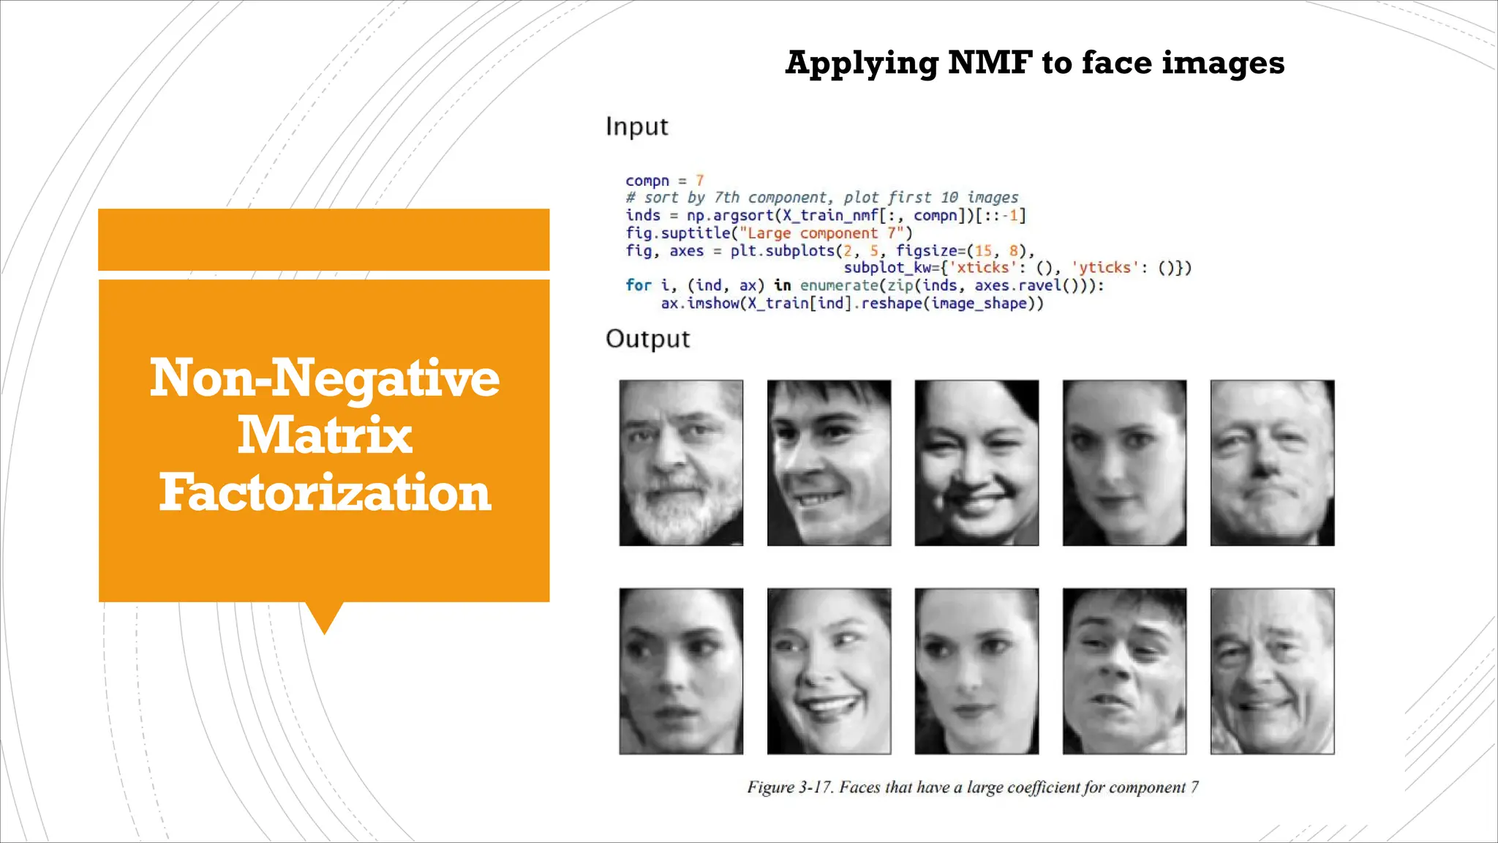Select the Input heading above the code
click(x=636, y=127)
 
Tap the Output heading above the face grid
click(x=647, y=339)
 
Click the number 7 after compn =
click(x=699, y=180)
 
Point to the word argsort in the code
click(x=743, y=215)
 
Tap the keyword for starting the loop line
click(x=638, y=285)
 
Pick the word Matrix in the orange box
click(x=325, y=435)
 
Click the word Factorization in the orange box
click(x=325, y=492)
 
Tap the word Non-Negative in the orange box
click(x=325, y=378)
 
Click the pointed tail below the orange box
click(x=324, y=617)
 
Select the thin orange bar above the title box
click(x=323, y=239)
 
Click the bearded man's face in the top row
click(x=681, y=462)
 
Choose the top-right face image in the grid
click(x=1272, y=462)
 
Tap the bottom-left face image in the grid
click(x=681, y=671)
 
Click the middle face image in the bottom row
click(x=976, y=671)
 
